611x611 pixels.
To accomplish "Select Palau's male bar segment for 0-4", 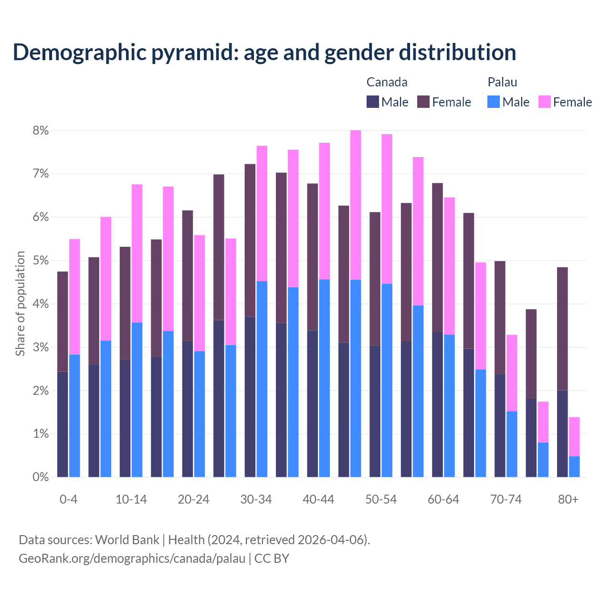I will [74, 416].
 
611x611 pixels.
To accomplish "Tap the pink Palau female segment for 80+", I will [574, 437].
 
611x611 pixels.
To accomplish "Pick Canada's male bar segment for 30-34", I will [250, 397].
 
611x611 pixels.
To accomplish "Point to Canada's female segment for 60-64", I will [437, 258].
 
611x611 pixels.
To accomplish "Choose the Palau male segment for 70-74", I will [512, 444].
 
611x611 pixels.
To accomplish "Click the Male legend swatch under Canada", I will [373, 102].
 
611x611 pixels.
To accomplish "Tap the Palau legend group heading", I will [502, 82].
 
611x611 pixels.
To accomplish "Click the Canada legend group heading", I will [387, 82].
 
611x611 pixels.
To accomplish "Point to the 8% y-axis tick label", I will [41, 131].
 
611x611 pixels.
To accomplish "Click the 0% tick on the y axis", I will [41, 477].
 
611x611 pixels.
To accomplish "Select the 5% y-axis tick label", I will [41, 261].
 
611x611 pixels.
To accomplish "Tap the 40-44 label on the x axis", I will [318, 499].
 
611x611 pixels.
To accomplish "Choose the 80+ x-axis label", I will [568, 499].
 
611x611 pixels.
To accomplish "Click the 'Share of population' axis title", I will [20, 304].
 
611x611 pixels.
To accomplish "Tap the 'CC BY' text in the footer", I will [272, 558].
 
